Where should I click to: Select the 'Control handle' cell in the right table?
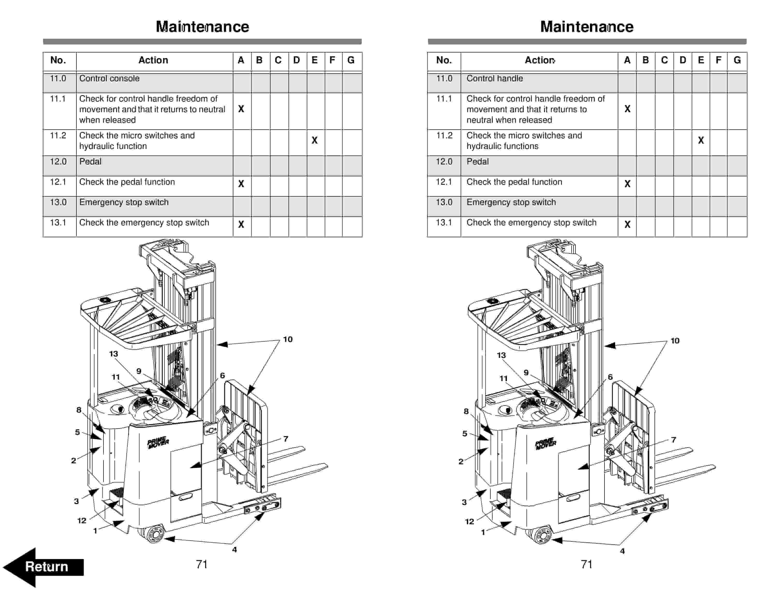pyautogui.click(x=494, y=79)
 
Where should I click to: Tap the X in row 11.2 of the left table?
pyautogui.click(x=315, y=140)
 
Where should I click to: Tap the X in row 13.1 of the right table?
pyautogui.click(x=627, y=224)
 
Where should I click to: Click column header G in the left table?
pyautogui.click(x=351, y=60)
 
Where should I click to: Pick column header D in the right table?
pyautogui.click(x=683, y=60)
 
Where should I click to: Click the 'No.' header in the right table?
pyautogui.click(x=444, y=60)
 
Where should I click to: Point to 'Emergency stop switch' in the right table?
pyautogui.click(x=511, y=202)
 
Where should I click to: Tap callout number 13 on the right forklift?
pyautogui.click(x=501, y=355)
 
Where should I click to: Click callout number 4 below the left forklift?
pyautogui.click(x=234, y=550)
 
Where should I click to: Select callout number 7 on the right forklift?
pyautogui.click(x=673, y=440)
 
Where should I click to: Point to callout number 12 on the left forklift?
pyautogui.click(x=82, y=520)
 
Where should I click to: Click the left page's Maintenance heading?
pyautogui.click(x=202, y=27)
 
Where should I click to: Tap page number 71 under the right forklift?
pyautogui.click(x=586, y=564)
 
